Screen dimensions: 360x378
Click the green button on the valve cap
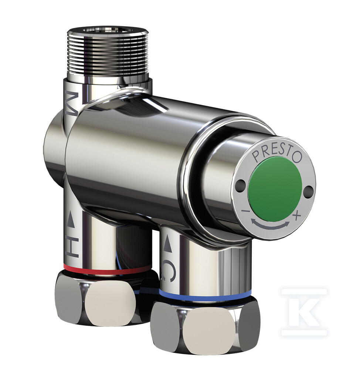coord(275,189)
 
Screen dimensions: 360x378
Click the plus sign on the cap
coord(297,214)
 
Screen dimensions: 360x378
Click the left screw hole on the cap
coord(240,183)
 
